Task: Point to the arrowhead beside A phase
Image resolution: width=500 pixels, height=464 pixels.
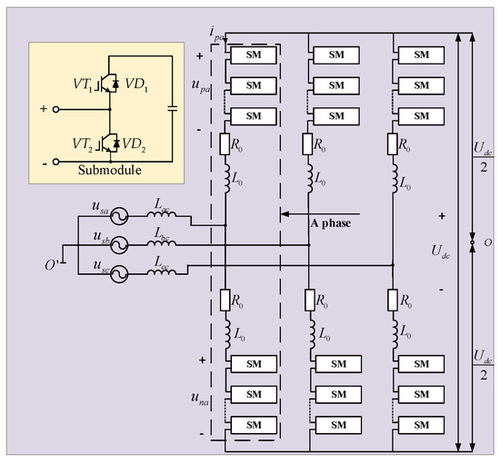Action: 285,215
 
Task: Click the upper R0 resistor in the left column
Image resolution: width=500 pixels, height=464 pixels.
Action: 226,143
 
